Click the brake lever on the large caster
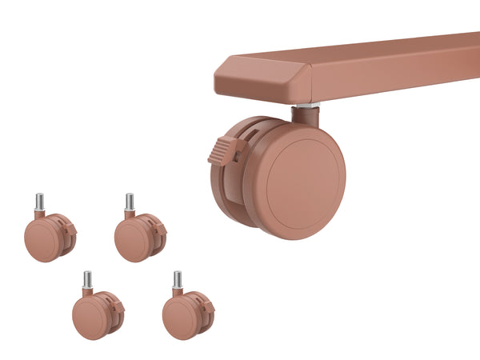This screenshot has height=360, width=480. [226, 149]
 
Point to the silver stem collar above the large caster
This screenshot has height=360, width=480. [307, 105]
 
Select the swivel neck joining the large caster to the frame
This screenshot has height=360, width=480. [305, 115]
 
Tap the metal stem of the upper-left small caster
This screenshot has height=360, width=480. [39, 202]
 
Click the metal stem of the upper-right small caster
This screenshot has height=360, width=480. [129, 202]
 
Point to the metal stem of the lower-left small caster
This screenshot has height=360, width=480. [87, 279]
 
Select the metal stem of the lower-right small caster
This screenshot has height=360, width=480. [178, 279]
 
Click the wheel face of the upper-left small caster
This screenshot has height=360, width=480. [42, 241]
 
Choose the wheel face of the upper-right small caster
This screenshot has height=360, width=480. [132, 241]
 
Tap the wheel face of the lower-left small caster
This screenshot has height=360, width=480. [90, 318]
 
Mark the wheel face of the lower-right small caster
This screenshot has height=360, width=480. [180, 318]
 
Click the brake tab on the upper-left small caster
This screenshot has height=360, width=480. [70, 229]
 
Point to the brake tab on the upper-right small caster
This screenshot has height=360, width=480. [160, 229]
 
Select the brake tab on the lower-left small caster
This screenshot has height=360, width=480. [118, 306]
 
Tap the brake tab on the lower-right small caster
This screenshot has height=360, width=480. [208, 306]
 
